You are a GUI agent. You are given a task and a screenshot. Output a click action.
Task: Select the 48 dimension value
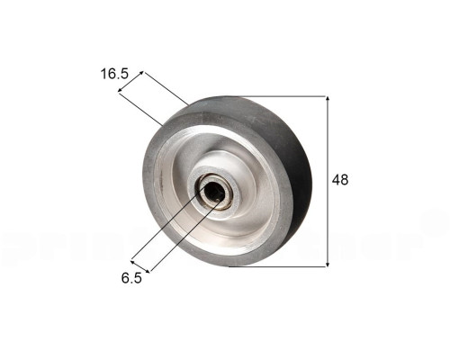[x=340, y=180]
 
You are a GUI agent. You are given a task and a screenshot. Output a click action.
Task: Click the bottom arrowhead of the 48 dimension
[x=327, y=262]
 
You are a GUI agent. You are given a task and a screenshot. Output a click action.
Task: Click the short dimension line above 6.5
[x=148, y=264]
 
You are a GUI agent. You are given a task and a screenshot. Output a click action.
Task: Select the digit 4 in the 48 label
[x=337, y=180]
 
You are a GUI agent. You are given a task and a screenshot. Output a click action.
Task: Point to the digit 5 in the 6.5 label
[x=137, y=278]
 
